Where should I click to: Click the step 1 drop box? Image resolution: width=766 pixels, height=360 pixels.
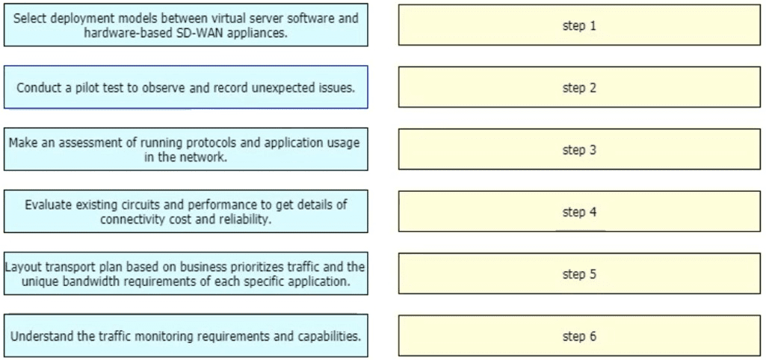[579, 25]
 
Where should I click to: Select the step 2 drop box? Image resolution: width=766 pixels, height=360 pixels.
[579, 87]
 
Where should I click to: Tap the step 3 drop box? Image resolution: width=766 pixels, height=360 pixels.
[579, 149]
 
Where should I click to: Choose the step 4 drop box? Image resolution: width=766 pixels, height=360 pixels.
[579, 211]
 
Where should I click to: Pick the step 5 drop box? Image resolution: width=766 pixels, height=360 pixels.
[579, 273]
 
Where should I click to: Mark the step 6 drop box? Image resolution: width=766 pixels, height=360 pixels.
[579, 335]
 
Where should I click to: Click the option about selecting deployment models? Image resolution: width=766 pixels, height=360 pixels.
[185, 25]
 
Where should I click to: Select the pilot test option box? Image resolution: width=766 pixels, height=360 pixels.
[185, 87]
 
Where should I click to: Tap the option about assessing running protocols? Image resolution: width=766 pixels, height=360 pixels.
[185, 149]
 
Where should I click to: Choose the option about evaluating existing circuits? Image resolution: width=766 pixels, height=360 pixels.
[185, 211]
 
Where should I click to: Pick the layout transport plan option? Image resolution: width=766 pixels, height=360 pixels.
[185, 273]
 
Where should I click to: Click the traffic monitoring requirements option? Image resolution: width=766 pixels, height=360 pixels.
[185, 335]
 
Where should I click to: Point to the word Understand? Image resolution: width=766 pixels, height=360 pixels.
[42, 336]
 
